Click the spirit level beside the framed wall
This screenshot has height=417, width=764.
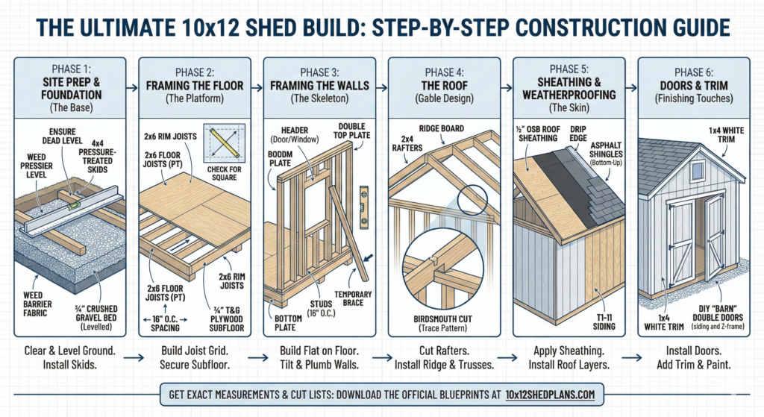coord(364,195)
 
